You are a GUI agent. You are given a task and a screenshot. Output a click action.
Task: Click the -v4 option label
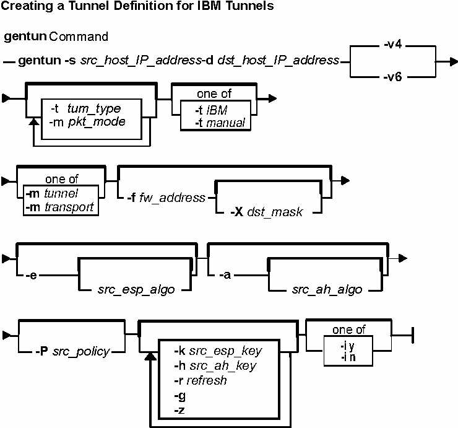393,45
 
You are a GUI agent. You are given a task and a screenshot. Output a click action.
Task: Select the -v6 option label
393,77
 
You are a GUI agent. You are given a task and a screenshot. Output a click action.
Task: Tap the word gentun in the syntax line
40,61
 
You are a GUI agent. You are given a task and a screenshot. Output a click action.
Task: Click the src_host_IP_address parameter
140,61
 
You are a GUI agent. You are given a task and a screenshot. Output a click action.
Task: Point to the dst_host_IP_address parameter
279,61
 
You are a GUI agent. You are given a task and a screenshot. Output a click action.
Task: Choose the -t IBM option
211,110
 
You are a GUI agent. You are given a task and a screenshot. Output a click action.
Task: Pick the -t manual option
220,123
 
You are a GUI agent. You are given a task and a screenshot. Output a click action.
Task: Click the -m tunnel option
52,193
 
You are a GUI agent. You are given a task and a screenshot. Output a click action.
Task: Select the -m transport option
59,207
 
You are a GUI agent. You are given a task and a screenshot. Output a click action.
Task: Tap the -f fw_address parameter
166,198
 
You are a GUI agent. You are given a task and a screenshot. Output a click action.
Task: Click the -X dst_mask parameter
266,212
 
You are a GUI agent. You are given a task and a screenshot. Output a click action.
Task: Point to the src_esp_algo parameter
136,290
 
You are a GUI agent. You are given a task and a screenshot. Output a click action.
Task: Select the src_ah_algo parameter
327,290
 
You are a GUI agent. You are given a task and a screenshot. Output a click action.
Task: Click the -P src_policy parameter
72,351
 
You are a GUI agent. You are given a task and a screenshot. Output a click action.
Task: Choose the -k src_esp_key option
218,351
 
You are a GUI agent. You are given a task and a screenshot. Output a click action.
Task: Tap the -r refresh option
201,380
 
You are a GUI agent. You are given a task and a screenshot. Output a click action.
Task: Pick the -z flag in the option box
179,410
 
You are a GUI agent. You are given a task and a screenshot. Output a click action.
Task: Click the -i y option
347,346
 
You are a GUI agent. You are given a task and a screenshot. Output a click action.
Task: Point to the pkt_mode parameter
97,122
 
